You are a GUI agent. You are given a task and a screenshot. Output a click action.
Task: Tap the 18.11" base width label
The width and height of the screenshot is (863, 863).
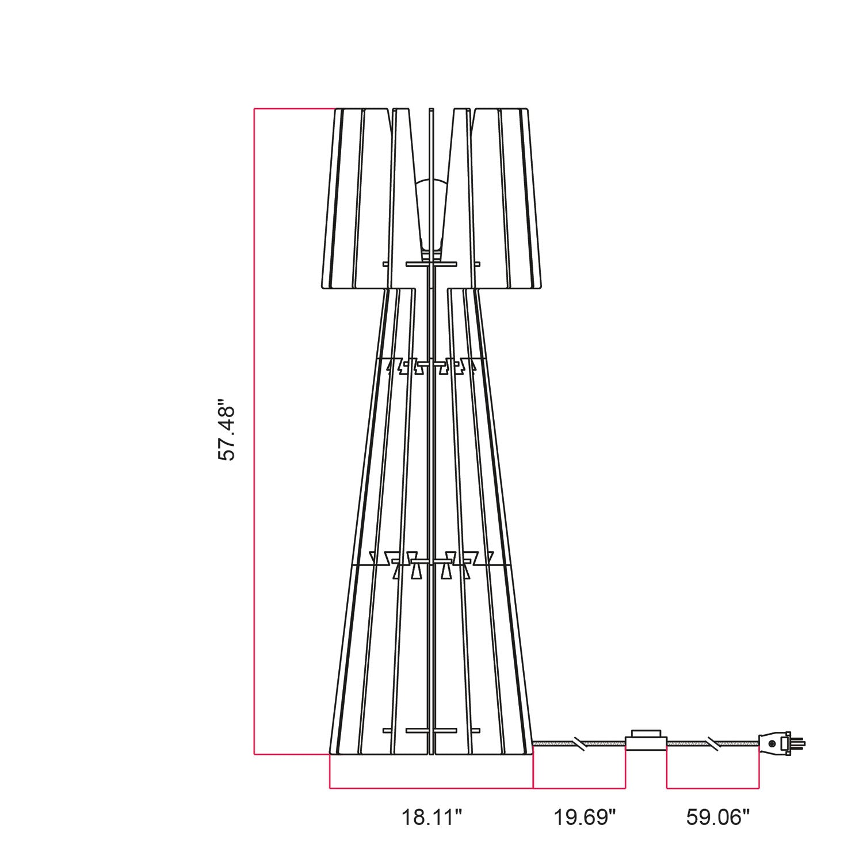click(431, 817)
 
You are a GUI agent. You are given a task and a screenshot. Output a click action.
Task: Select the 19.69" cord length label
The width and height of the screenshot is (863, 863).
click(585, 817)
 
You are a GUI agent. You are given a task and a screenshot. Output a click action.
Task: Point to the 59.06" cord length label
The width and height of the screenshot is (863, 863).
click(718, 817)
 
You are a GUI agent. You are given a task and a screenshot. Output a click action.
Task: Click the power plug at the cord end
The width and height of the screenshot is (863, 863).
click(774, 743)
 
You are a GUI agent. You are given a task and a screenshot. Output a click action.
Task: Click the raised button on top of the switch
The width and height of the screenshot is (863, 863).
click(646, 734)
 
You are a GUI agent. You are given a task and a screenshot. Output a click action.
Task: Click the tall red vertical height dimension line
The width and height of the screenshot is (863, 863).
click(254, 431)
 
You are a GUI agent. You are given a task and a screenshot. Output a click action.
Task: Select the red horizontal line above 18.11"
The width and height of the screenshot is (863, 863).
click(431, 788)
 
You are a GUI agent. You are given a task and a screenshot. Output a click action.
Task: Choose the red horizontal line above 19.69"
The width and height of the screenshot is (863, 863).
click(579, 788)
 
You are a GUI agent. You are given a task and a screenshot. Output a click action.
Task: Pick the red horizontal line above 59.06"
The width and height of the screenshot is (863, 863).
click(713, 788)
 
